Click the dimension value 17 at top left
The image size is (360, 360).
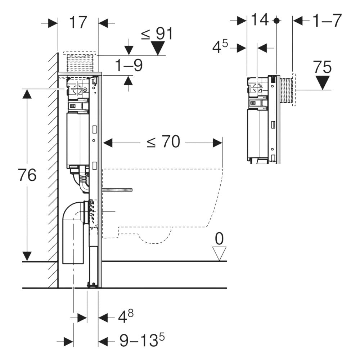coord(78,22)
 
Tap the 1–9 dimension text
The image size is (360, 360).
coord(129,66)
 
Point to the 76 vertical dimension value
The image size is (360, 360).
coord(27,175)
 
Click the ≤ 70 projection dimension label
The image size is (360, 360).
coord(163,142)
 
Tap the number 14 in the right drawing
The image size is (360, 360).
coord(260,20)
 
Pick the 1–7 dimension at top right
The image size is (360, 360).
coord(327,21)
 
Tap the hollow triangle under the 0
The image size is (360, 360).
coord(219,253)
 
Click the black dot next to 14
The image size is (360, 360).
coord(276,21)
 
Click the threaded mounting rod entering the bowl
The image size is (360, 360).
coord(117,189)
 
